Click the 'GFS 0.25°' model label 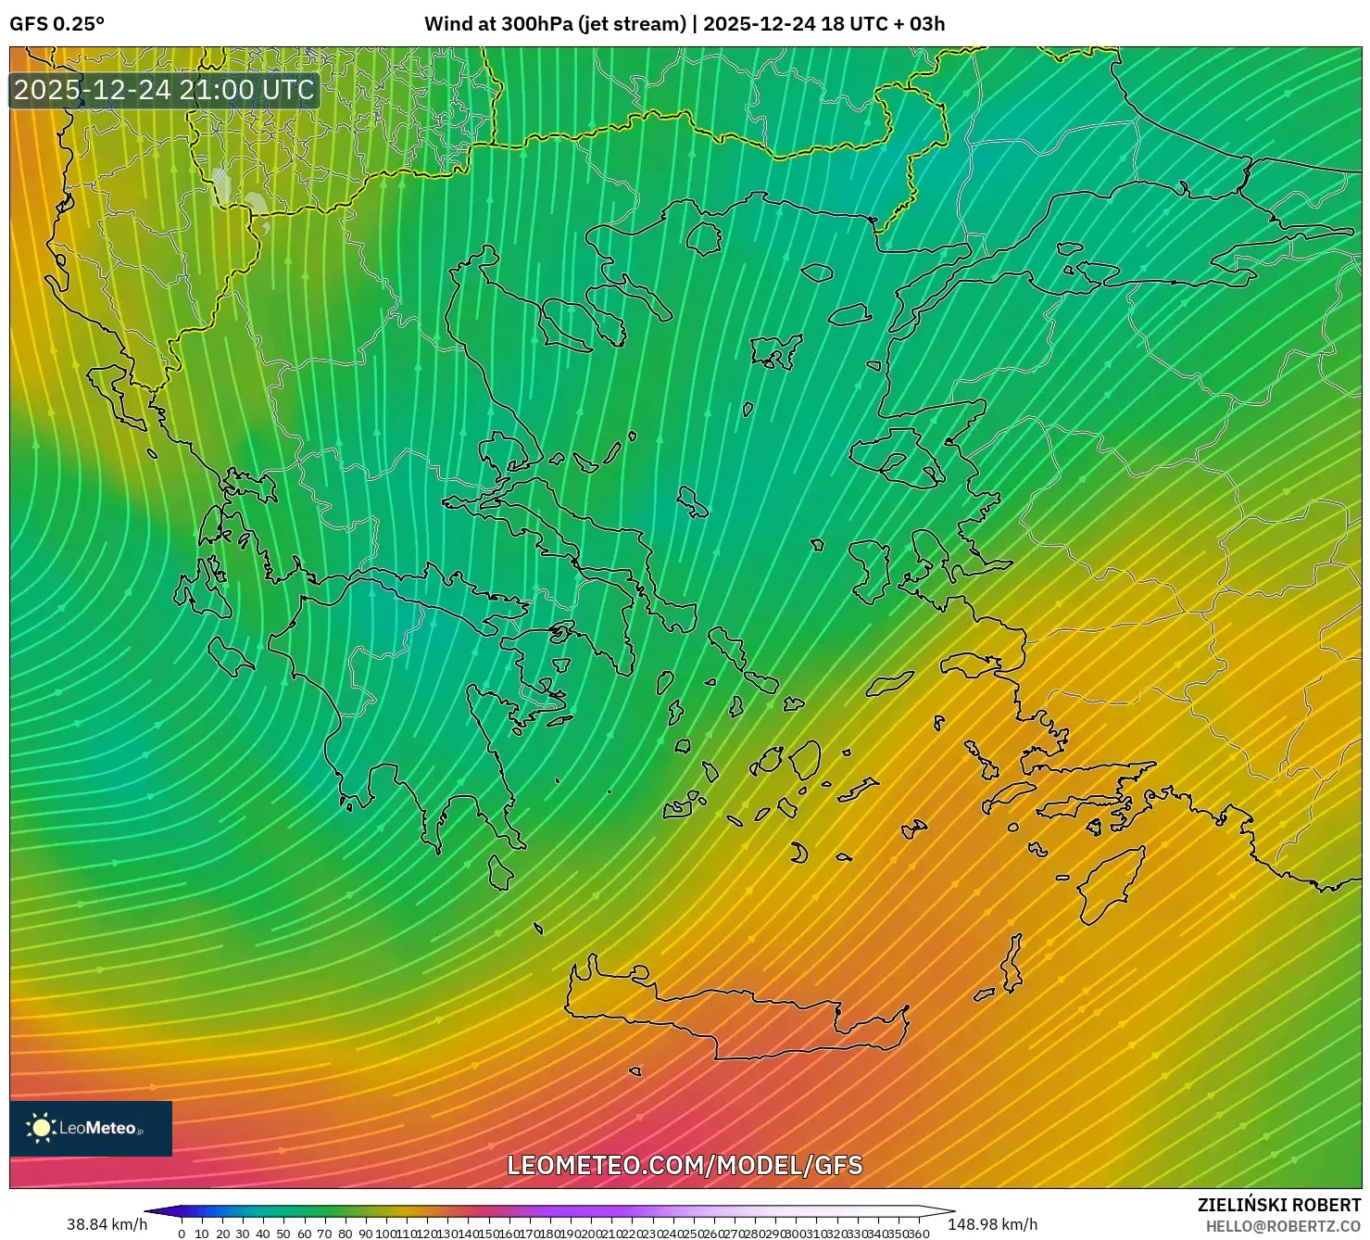[57, 24]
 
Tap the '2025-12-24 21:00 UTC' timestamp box [164, 90]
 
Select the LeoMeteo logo [91, 1128]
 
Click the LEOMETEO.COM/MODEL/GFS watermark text [685, 1165]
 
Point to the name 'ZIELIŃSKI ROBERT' [1278, 1205]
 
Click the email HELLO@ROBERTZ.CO [1283, 1226]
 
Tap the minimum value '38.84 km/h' [107, 1224]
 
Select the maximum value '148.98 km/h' [992, 1224]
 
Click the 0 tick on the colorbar [182, 1234]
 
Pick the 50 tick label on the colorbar [283, 1234]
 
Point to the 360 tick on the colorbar [918, 1234]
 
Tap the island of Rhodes [1108, 885]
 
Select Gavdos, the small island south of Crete [635, 1072]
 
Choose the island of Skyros [692, 503]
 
